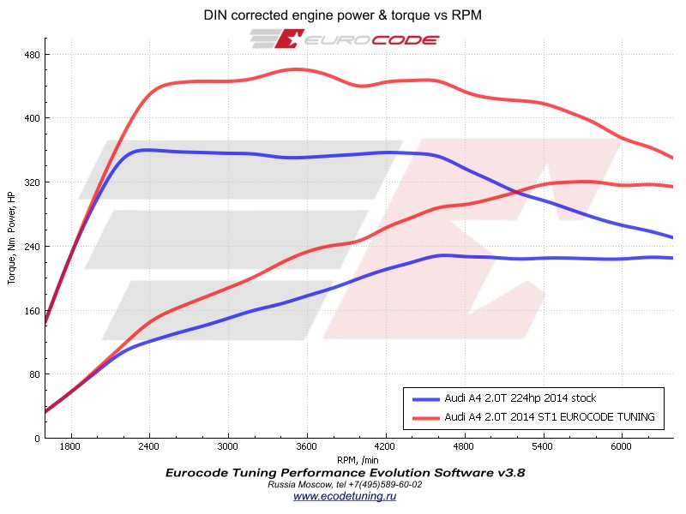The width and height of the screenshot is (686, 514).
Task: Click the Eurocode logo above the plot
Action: tap(345, 39)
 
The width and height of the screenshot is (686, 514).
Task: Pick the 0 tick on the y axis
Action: tap(36, 439)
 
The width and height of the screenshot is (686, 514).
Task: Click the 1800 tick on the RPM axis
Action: tap(71, 447)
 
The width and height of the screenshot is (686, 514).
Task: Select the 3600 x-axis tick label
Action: tap(307, 447)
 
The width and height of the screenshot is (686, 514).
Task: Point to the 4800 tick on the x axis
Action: tap(464, 447)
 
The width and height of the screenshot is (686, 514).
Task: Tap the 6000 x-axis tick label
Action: tap(622, 447)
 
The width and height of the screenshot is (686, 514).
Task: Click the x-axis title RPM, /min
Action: tap(358, 459)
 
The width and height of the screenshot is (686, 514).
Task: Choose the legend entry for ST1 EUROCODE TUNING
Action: tap(550, 417)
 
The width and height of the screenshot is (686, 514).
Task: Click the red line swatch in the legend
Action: tap(425, 417)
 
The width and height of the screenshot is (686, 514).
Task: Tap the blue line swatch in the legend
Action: tap(425, 398)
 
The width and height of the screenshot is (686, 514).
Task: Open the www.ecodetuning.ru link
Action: tap(346, 496)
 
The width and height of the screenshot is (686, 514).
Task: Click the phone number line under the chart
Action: tap(346, 484)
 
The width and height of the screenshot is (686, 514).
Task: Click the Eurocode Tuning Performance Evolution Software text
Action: tap(345, 472)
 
